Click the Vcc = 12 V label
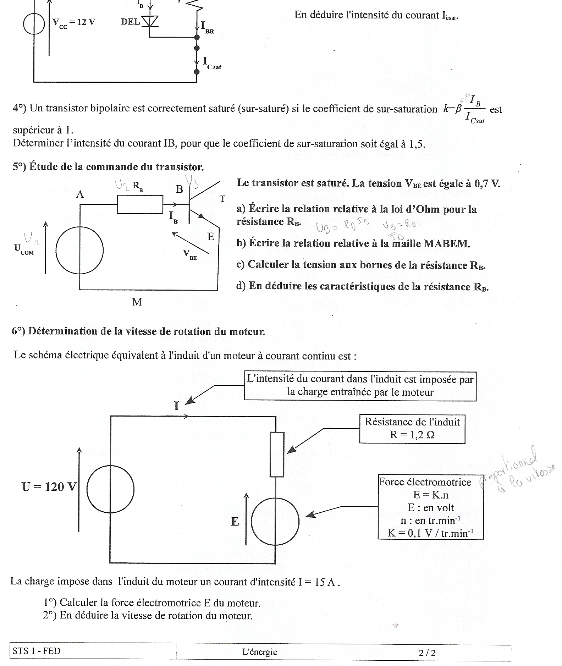(x=74, y=23)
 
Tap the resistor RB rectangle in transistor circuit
(x=140, y=204)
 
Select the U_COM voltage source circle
(x=79, y=251)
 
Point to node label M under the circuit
(x=137, y=302)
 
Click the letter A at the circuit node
(x=80, y=194)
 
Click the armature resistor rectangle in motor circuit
(x=277, y=454)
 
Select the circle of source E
(x=275, y=522)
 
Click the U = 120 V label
(x=49, y=486)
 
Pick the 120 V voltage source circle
(x=110, y=489)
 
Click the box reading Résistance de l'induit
(x=412, y=429)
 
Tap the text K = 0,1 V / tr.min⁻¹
(x=430, y=533)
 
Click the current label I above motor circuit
(x=177, y=406)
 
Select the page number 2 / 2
(x=427, y=653)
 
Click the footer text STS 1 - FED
(x=37, y=651)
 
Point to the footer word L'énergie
(x=260, y=652)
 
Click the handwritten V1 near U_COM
(x=31, y=238)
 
